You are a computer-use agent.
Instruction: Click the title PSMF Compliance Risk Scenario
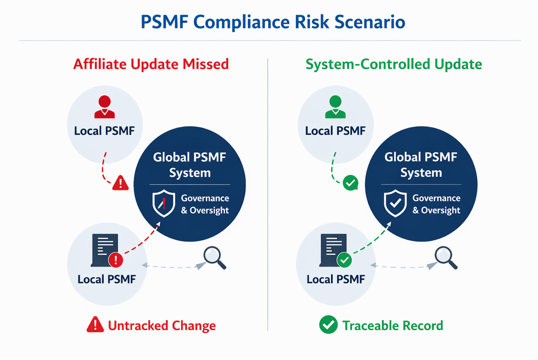pyautogui.click(x=273, y=22)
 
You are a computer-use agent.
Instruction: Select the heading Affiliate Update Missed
pyautogui.click(x=151, y=64)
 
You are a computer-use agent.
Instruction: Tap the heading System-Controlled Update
pyautogui.click(x=394, y=64)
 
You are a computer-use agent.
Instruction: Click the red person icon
pyautogui.click(x=105, y=107)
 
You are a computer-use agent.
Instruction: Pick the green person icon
pyautogui.click(x=335, y=107)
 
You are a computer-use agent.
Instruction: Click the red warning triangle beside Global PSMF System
pyautogui.click(x=120, y=183)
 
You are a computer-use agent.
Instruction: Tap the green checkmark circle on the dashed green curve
pyautogui.click(x=351, y=183)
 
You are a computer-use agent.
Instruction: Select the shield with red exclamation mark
pyautogui.click(x=164, y=203)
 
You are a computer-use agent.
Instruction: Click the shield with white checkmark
pyautogui.click(x=395, y=203)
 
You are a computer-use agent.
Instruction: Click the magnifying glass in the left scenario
pyautogui.click(x=214, y=257)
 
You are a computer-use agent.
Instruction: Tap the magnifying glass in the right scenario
pyautogui.click(x=446, y=257)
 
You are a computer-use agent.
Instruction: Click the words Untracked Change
pyautogui.click(x=162, y=325)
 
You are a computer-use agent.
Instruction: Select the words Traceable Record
pyautogui.click(x=393, y=325)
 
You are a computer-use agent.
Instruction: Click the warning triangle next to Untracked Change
pyautogui.click(x=95, y=325)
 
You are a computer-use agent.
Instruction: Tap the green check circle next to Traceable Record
pyautogui.click(x=328, y=325)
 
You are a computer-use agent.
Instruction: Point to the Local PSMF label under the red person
pyautogui.click(x=104, y=131)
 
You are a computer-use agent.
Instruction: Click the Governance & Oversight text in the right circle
pyautogui.click(x=436, y=204)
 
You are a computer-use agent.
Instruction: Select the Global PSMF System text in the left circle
pyautogui.click(x=190, y=165)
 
